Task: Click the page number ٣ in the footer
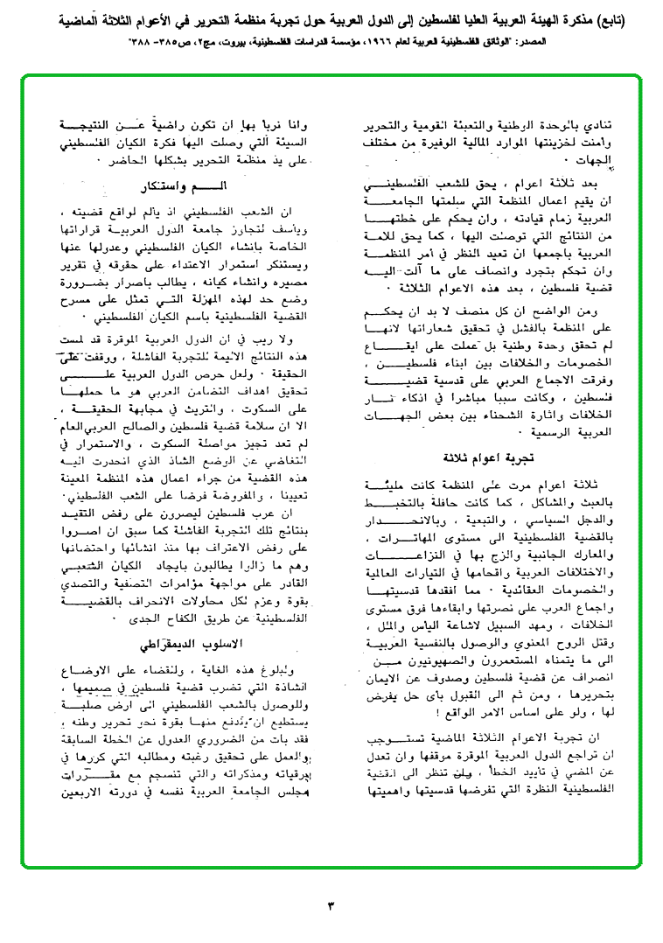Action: pyautogui.click(x=331, y=904)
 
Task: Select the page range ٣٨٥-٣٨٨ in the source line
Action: pyautogui.click(x=155, y=41)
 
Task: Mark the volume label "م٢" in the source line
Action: pyautogui.click(x=217, y=41)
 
